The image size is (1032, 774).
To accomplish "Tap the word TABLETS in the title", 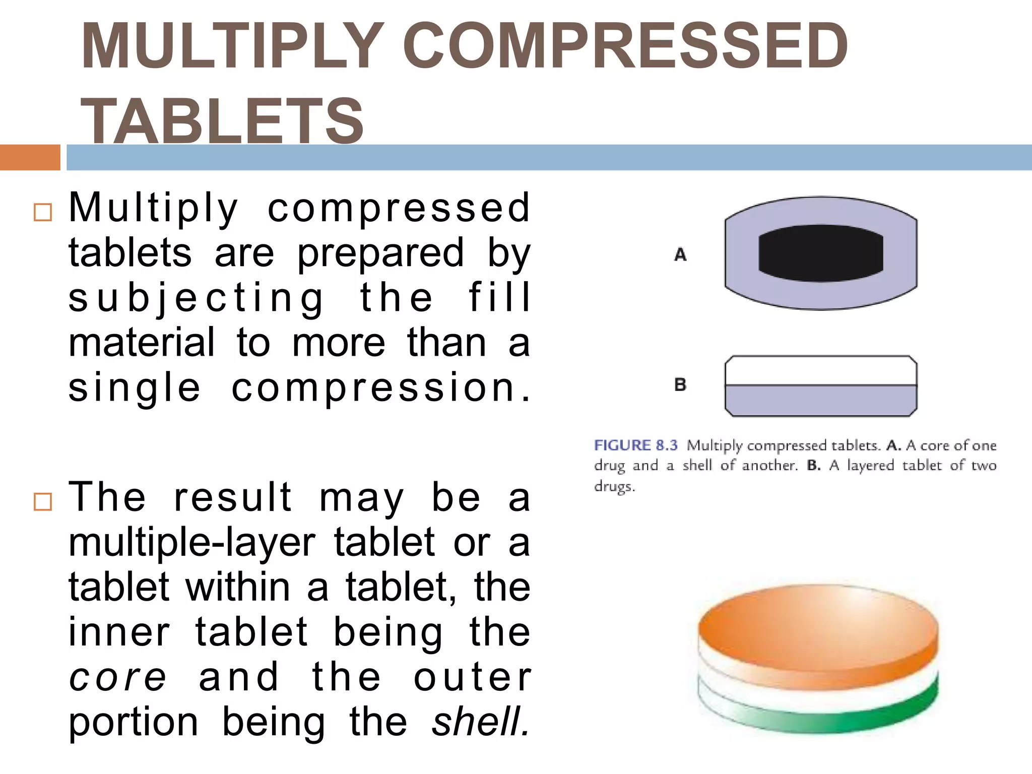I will pyautogui.click(x=222, y=121).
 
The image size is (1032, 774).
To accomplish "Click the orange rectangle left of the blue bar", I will pyautogui.click(x=30, y=157).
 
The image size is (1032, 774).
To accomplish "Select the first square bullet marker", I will pyautogui.click(x=43, y=213).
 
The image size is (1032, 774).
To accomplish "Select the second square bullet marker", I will pyautogui.click(x=43, y=502).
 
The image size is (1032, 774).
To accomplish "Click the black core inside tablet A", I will pyautogui.click(x=820, y=253).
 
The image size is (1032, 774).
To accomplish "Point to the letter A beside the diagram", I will pyautogui.click(x=680, y=254).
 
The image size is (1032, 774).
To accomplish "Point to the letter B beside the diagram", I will pyautogui.click(x=680, y=385).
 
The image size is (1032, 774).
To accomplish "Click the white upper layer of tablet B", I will pyautogui.click(x=820, y=371).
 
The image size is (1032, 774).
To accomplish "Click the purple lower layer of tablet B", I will pyautogui.click(x=820, y=401).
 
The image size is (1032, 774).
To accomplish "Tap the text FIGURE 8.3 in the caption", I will pyautogui.click(x=635, y=445).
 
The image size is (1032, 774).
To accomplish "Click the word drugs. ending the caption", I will pyautogui.click(x=614, y=486).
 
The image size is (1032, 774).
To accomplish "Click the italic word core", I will pyautogui.click(x=117, y=678).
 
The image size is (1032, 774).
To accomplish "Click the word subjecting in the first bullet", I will pyautogui.click(x=197, y=298).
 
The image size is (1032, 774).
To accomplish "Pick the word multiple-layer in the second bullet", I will pyautogui.click(x=192, y=543).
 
